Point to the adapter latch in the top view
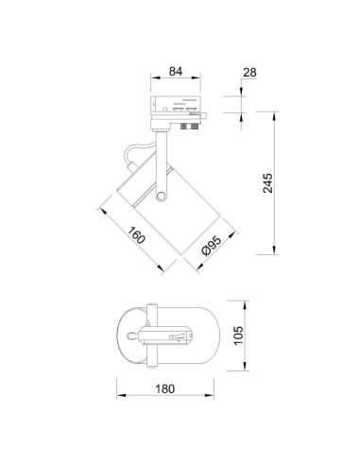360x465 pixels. click(176, 336)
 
